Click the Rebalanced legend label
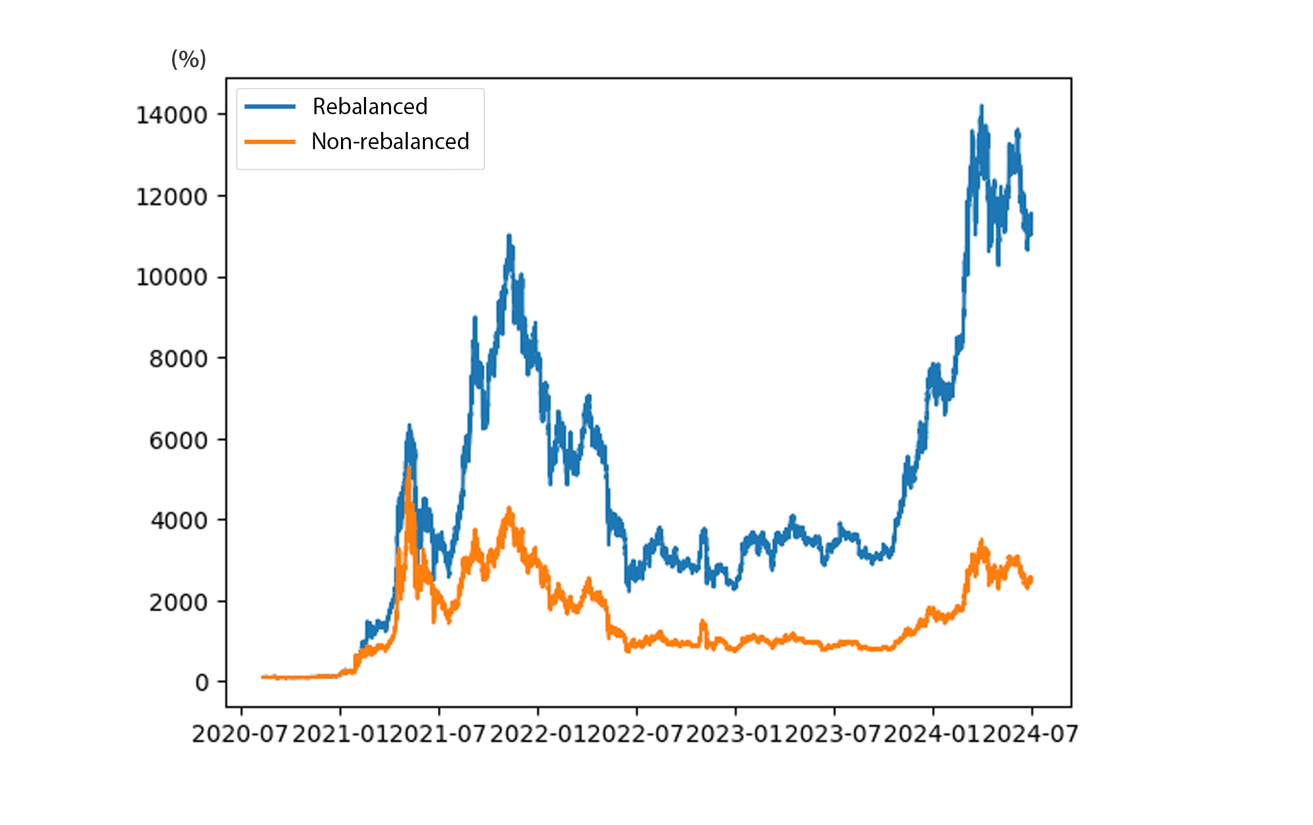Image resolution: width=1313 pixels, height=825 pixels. pos(370,106)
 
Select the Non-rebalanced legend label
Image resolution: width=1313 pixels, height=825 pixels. pos(390,141)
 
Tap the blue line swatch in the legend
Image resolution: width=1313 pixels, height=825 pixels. pos(270,106)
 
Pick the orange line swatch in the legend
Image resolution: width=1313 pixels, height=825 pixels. pos(270,142)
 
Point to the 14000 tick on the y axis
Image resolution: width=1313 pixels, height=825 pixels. pos(171,115)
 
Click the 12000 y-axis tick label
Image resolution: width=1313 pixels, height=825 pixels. pos(171,197)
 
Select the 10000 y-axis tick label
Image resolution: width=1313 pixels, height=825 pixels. pos(171,277)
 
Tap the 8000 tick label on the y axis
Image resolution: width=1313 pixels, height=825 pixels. pos(178,359)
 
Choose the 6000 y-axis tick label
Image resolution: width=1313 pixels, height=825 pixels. pos(178,440)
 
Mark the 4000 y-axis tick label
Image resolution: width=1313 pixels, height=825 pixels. pos(178,521)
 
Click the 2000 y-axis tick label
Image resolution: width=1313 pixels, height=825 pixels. pos(178,602)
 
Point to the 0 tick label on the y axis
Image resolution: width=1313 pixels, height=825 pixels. pos(202,683)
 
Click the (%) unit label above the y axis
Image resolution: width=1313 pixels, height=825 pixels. pos(189,59)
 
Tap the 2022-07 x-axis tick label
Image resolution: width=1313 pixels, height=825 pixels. pos(635,734)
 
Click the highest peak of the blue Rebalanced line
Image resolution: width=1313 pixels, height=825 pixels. pos(981,106)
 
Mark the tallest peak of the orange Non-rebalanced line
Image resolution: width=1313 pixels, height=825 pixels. pos(409,467)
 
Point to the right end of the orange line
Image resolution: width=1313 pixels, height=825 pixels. pos(1031,579)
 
